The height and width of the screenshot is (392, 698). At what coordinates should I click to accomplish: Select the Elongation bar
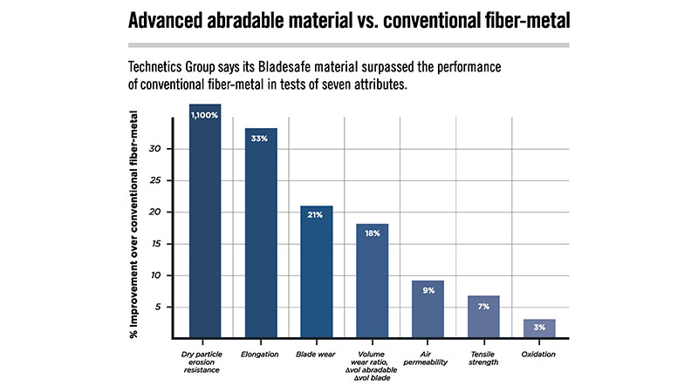tap(260, 235)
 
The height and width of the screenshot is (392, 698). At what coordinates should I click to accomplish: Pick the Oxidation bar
tap(539, 329)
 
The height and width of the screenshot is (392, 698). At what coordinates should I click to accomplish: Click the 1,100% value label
tap(204, 114)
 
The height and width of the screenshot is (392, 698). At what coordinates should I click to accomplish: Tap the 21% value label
tap(316, 214)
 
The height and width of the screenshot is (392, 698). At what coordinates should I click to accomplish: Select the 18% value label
tap(372, 233)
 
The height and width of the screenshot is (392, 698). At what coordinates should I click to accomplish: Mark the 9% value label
tap(428, 289)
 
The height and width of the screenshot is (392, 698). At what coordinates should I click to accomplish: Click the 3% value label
tap(539, 328)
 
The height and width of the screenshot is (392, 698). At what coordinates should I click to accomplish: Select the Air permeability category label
tap(428, 358)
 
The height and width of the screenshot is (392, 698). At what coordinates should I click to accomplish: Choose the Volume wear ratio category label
tap(372, 363)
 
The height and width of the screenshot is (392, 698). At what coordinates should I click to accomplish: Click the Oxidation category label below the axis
tap(539, 353)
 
